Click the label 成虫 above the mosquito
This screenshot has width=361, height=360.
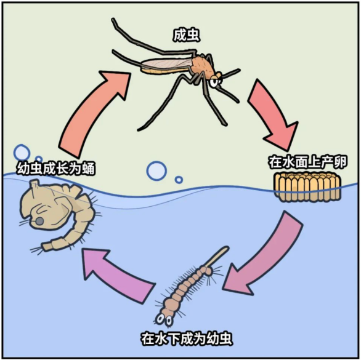click(x=186, y=36)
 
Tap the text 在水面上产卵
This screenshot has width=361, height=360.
click(x=307, y=162)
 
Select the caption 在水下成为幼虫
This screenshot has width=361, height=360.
click(x=187, y=338)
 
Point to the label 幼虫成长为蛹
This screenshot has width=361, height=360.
click(x=55, y=169)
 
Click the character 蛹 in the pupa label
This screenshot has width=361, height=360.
click(x=88, y=169)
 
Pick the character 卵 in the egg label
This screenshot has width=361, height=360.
click(x=340, y=162)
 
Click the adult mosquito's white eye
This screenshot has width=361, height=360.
click(x=214, y=82)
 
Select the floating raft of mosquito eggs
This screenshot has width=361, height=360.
click(x=307, y=187)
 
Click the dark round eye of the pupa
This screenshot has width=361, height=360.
click(x=39, y=222)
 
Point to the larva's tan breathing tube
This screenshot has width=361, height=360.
click(x=218, y=256)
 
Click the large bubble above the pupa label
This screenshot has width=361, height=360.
click(x=22, y=153)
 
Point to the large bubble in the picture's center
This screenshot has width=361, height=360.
click(x=156, y=171)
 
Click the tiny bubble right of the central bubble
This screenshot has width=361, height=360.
click(x=179, y=180)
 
